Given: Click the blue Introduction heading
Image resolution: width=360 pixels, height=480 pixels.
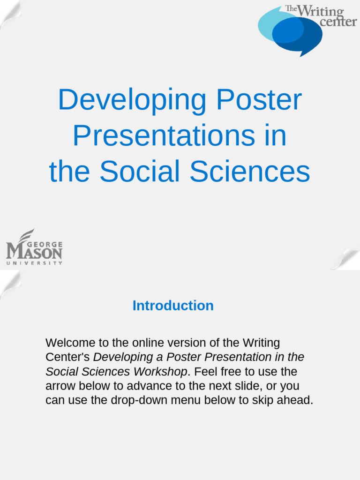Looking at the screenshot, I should click(173, 306).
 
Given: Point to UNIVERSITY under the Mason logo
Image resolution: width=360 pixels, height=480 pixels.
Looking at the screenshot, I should click(34, 263).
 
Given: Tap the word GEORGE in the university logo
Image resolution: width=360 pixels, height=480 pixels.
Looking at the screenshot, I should click(45, 244).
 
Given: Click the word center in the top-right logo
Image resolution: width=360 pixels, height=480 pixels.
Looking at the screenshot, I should click(338, 22).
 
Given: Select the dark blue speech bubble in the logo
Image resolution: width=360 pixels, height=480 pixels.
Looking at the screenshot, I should click(300, 40).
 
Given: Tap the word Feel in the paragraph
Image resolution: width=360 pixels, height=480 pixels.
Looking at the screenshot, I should click(204, 372).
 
